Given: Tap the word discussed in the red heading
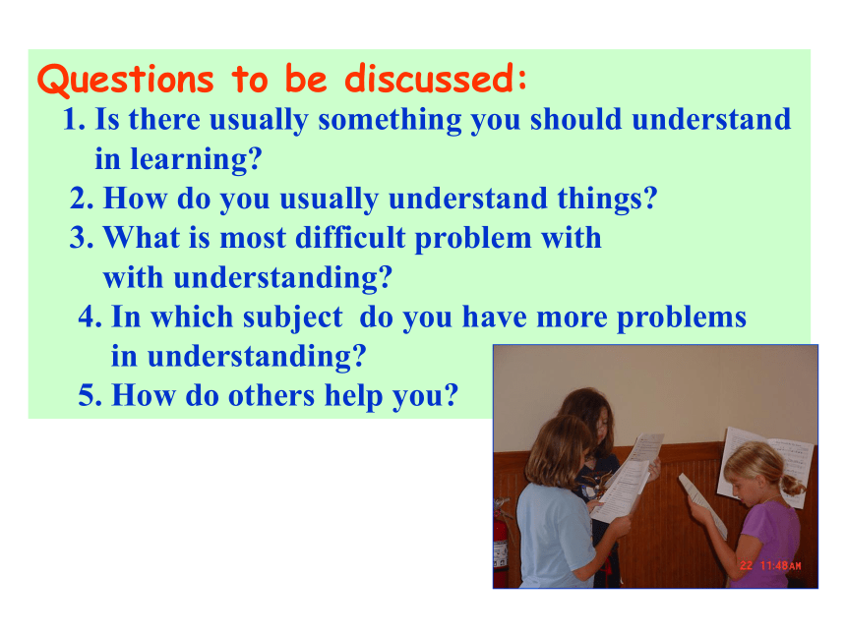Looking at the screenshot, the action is click(435, 78).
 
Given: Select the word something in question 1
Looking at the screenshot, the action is click(390, 120).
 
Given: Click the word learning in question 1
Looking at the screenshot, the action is click(197, 159).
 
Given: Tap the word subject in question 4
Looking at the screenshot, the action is click(292, 317).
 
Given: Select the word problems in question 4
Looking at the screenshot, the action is click(682, 317).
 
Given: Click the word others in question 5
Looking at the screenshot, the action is click(272, 395).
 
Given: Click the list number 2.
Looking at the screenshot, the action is click(82, 198).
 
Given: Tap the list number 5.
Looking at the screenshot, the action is click(90, 395).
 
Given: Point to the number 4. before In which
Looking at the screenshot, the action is click(90, 317).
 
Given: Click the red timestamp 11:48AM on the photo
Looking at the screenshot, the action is click(781, 565).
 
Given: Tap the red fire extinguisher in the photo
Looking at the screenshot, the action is click(502, 545).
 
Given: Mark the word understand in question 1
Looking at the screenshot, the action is click(711, 120).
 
